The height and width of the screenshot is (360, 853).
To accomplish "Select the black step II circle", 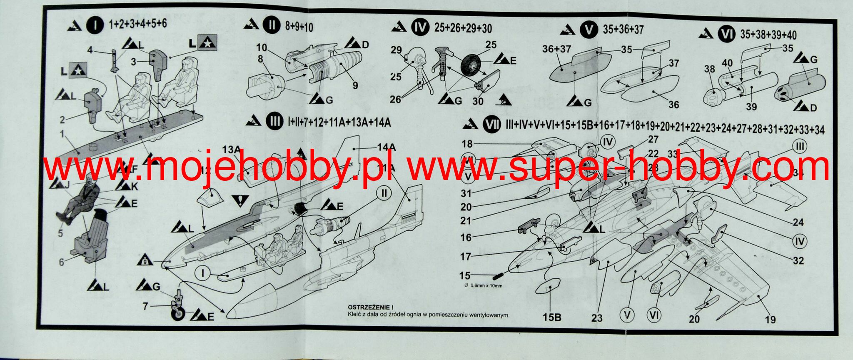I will tap(272, 25).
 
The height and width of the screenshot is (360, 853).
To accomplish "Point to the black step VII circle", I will tap(492, 125).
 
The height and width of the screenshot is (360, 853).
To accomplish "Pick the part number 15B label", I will tap(552, 317).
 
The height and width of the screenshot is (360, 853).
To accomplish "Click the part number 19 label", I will tap(770, 320).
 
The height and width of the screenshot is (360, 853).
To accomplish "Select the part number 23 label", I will tap(597, 318).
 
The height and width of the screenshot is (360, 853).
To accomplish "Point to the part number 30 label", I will tap(478, 101).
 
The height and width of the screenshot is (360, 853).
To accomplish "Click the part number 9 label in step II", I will tap(355, 85).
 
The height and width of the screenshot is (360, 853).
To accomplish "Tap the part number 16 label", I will tap(466, 237).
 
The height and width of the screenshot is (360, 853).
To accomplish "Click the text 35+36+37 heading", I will tap(623, 30).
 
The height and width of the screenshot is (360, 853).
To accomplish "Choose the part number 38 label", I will tap(709, 69).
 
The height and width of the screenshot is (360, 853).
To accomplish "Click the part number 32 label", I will tap(798, 261).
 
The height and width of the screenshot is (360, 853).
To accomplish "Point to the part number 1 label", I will tap(62, 134).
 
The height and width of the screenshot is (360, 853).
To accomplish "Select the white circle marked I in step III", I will tap(203, 274).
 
